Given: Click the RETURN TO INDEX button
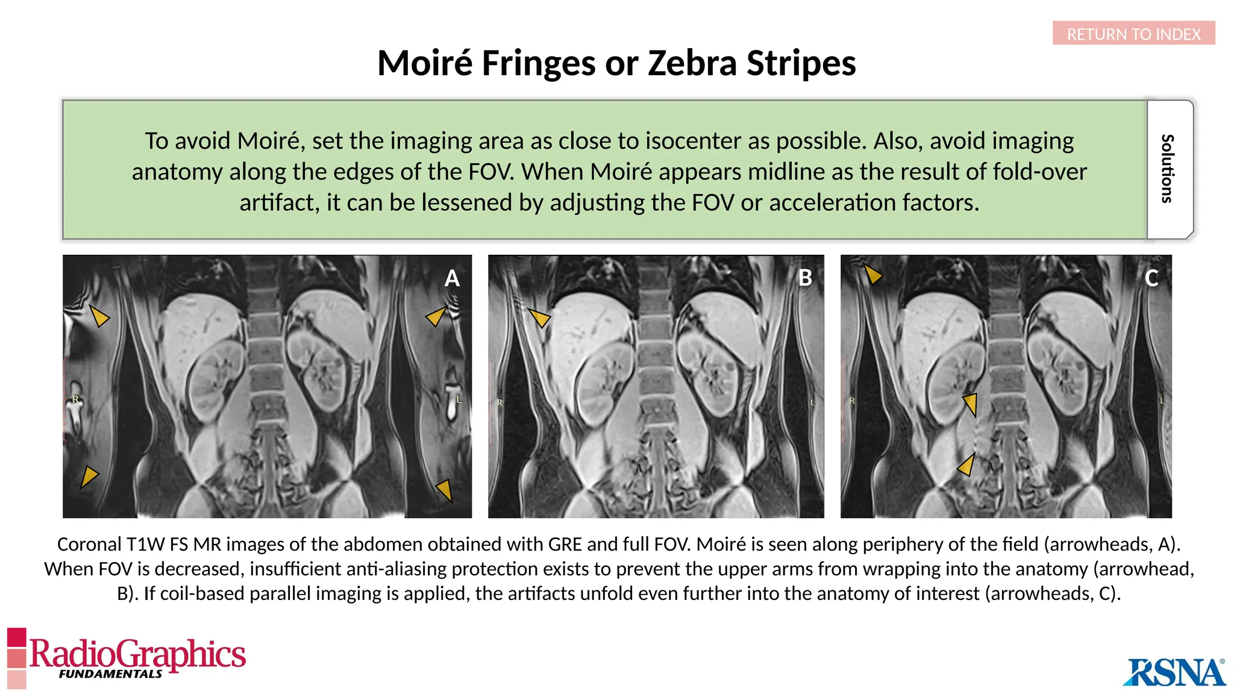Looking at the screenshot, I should [x=1133, y=34].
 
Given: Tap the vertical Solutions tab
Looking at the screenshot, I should [x=1168, y=169].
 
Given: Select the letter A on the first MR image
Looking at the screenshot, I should [x=452, y=278].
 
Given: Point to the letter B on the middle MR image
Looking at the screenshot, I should [x=805, y=278].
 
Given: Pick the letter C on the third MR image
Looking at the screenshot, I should [x=1151, y=278].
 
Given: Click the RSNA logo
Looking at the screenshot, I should [x=1174, y=672].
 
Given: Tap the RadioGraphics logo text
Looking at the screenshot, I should [x=137, y=653].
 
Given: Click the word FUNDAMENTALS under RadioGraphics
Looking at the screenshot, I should [x=110, y=674].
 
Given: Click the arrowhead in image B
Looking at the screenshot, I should [x=539, y=317].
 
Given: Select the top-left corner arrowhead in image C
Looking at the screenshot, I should [x=872, y=274].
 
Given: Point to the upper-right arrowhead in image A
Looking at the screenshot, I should [x=436, y=316].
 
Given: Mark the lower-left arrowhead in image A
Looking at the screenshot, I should [x=89, y=477].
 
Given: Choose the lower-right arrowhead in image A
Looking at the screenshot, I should [x=445, y=490].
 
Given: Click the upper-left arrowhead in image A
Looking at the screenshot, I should [x=99, y=316].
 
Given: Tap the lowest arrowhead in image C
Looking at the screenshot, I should [x=966, y=464].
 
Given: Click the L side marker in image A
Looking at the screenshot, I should [x=459, y=399].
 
